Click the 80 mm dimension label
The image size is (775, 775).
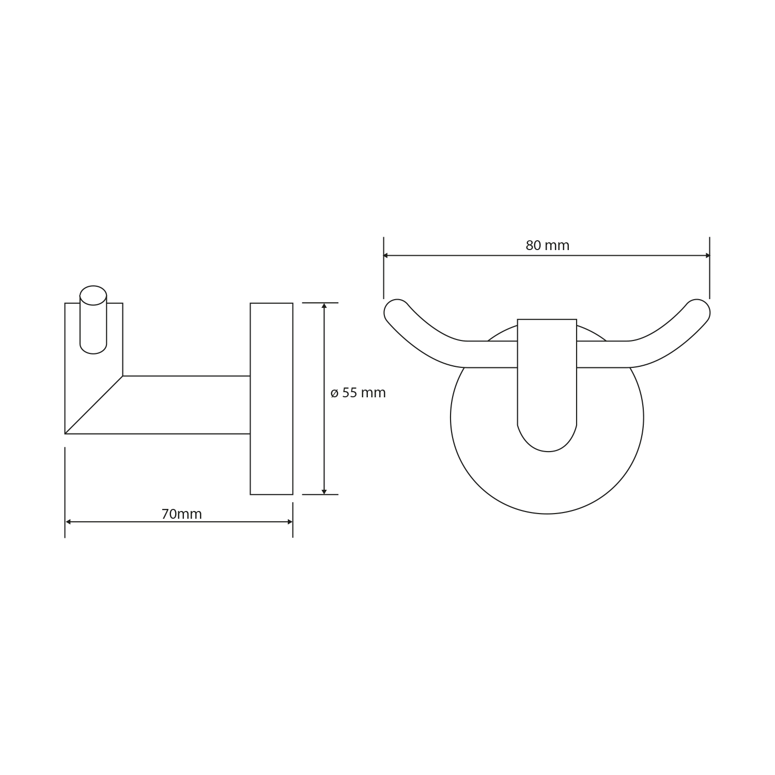click(x=547, y=245)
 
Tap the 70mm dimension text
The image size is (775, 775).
click(x=181, y=514)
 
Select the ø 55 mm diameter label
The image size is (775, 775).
click(x=358, y=393)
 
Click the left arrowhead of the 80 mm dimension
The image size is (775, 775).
click(x=386, y=255)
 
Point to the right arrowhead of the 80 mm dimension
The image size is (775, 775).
click(x=707, y=255)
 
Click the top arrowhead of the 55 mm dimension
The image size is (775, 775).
click(x=324, y=305)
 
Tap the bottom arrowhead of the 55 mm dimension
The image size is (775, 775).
click(x=324, y=492)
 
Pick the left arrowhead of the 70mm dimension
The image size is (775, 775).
click(x=68, y=522)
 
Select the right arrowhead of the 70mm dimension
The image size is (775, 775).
click(x=290, y=522)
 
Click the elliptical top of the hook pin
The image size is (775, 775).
click(x=93, y=295)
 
